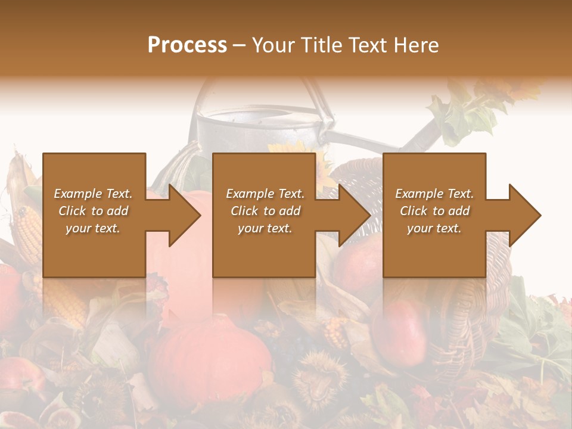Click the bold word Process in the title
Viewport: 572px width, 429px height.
187,45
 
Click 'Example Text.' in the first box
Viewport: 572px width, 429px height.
93,194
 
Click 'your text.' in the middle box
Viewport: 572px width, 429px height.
265,228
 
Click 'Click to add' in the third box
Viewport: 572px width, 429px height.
434,211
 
